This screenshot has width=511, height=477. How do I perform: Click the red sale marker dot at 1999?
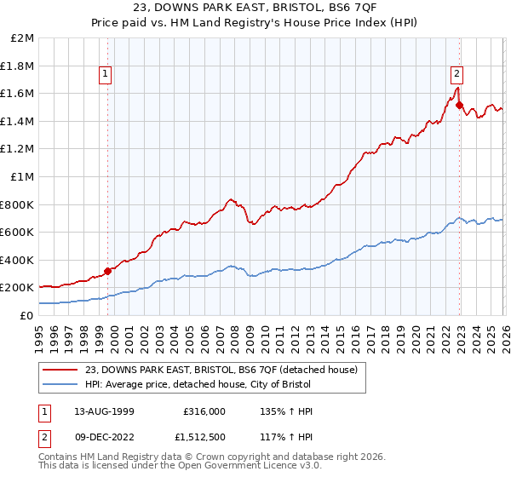pos(107,272)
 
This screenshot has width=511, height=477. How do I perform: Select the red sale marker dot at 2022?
pos(458,106)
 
